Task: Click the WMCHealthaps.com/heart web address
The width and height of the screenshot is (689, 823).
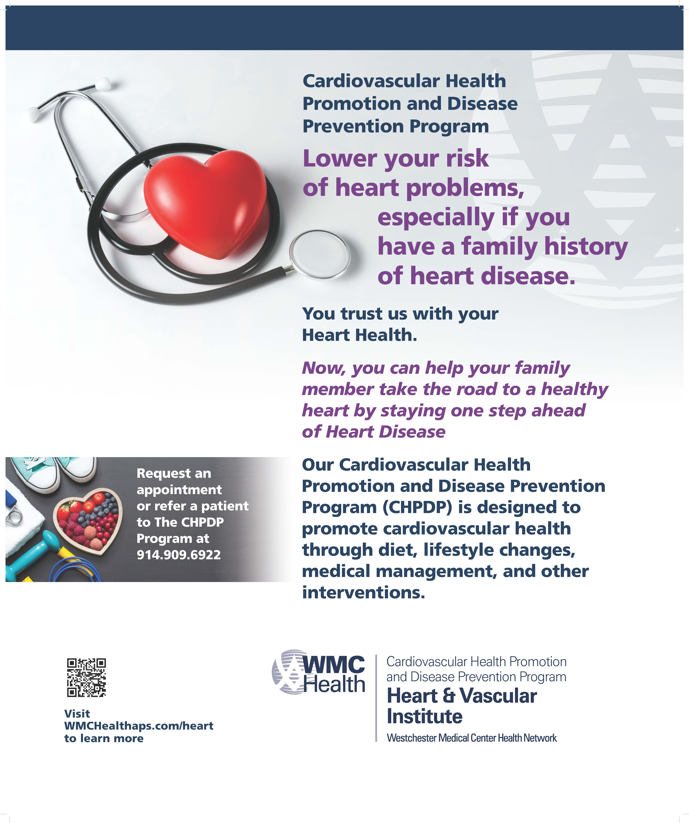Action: click(139, 726)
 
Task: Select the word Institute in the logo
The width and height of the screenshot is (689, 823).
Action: click(424, 717)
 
